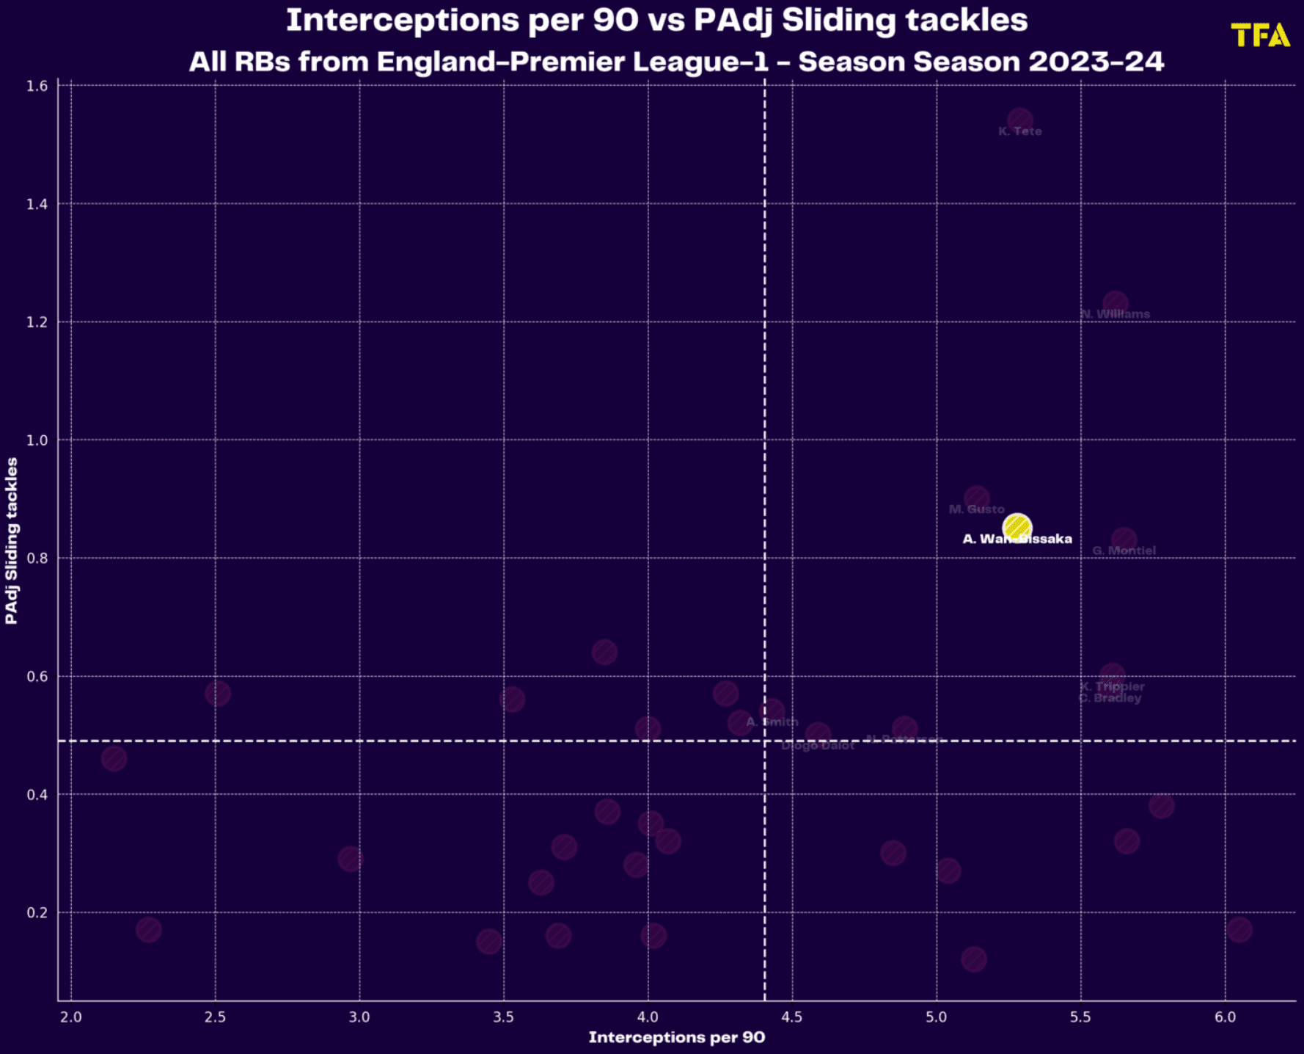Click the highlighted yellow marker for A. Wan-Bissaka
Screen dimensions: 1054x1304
coord(1017,527)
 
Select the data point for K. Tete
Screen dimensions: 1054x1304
coord(1020,120)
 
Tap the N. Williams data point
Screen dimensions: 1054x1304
coord(1115,303)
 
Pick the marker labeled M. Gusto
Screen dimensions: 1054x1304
coord(976,498)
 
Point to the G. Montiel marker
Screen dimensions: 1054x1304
coord(1124,539)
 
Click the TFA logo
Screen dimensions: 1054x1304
coord(1259,35)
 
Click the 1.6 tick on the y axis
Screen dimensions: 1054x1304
coord(37,86)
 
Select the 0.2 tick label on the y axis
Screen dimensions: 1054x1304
coord(37,912)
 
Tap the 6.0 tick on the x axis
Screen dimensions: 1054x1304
coord(1225,1017)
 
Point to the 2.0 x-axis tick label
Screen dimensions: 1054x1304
coord(71,1017)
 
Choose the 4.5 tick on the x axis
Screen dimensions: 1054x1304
coord(792,1017)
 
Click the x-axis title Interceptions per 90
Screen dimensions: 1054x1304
coord(676,1037)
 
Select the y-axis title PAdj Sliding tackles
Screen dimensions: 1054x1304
coord(11,541)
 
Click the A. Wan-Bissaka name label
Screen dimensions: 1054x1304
coord(1017,539)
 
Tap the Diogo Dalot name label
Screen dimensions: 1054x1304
coord(818,746)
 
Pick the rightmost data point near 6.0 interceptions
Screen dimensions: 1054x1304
coord(1239,930)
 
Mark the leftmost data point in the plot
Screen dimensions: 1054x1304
coord(114,758)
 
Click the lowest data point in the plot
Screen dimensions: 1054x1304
coord(974,959)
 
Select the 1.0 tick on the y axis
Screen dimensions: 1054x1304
coord(37,440)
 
